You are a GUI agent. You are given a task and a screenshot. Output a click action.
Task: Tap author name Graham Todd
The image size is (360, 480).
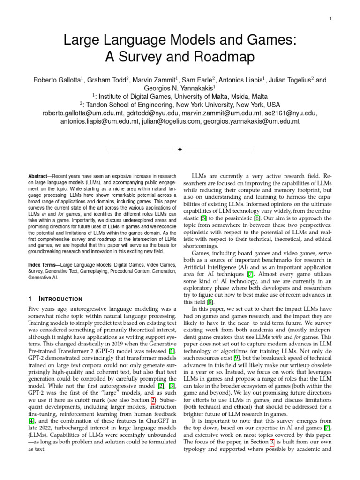tap(108, 80)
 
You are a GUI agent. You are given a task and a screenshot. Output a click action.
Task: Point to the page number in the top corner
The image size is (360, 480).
tap(331, 18)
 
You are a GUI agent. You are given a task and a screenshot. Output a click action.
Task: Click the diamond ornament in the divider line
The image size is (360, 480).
tap(180, 150)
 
